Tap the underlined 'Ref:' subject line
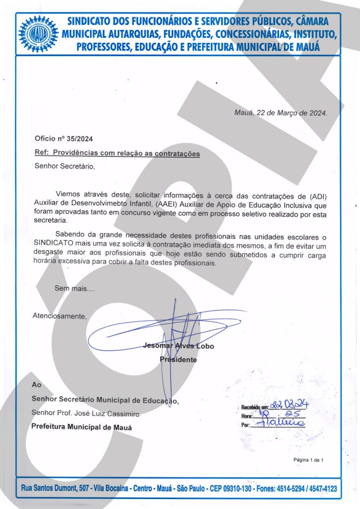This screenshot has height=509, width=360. pos(117,154)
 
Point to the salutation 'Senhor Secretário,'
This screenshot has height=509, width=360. pos(64,166)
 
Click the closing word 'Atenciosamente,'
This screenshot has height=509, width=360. pos(59,315)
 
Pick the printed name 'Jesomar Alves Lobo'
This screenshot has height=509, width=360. pos(179,346)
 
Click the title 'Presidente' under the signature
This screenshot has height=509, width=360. pos(178,359)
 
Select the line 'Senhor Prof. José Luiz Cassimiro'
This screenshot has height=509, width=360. pos(86,413)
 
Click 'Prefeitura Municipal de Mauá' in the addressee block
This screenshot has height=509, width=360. pos(82,427)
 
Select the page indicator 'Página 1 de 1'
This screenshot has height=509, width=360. pos(309,460)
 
